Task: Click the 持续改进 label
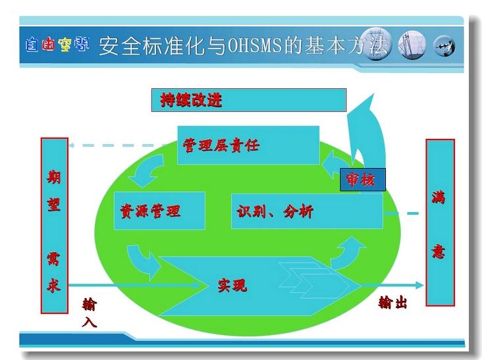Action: click(x=191, y=100)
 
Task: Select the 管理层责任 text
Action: click(x=221, y=145)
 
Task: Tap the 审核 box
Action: click(x=362, y=180)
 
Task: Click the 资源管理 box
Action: click(x=159, y=211)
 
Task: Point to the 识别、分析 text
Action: click(x=275, y=212)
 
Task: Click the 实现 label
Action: click(x=232, y=286)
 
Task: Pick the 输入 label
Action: click(x=90, y=313)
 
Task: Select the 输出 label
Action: click(x=392, y=303)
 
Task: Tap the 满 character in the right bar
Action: click(x=439, y=197)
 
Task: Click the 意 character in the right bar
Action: click(x=439, y=252)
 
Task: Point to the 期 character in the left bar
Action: click(x=54, y=176)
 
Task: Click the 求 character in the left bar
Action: click(x=54, y=286)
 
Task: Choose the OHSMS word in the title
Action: click(x=255, y=45)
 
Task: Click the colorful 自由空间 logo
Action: click(x=57, y=44)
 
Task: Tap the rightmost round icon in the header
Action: click(x=444, y=45)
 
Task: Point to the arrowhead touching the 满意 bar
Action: click(x=419, y=286)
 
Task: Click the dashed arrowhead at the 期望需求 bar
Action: click(x=71, y=145)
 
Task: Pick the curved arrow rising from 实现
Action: click(x=348, y=253)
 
